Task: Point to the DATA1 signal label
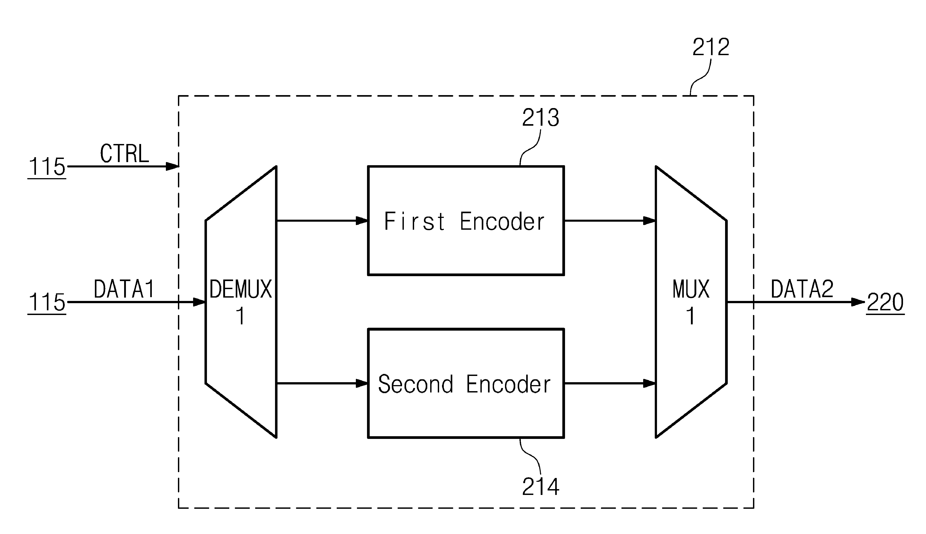124,289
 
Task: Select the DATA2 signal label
802,289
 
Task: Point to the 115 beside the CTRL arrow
47,167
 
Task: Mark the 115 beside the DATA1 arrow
47,302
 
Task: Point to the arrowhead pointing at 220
858,302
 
